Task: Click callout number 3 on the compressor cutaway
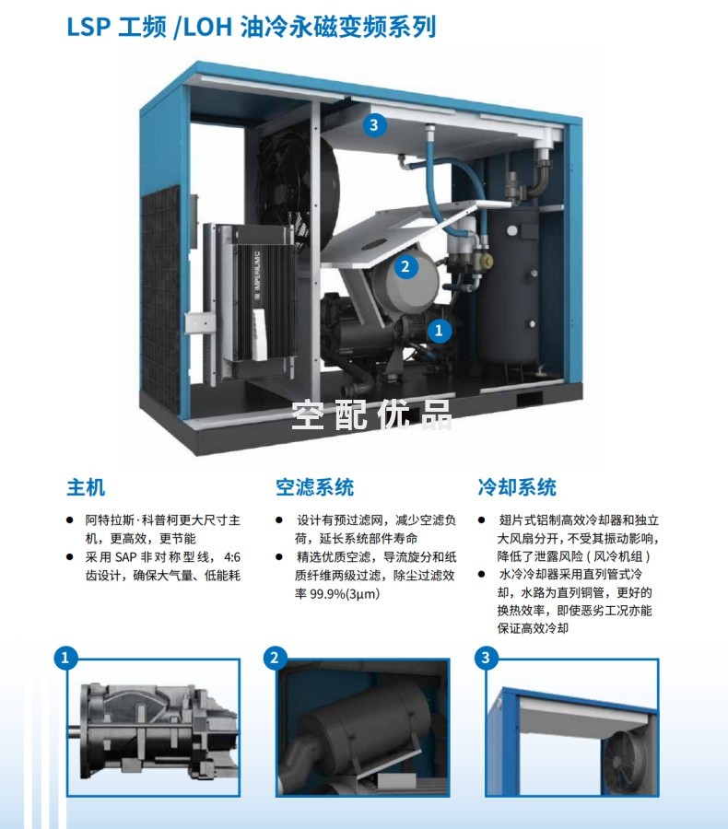[x=374, y=125]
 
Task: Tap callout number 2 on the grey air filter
[x=405, y=266]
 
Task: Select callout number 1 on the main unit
[x=439, y=331]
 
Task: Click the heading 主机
[x=86, y=487]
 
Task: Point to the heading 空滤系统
[x=314, y=487]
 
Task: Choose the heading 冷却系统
[x=517, y=487]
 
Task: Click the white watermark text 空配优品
[x=372, y=414]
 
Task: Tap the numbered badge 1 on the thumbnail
[x=65, y=659]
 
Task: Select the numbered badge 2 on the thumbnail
[x=275, y=659]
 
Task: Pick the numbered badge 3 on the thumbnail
[x=486, y=659]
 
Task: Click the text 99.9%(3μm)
[x=345, y=594]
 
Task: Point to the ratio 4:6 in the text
[x=232, y=557]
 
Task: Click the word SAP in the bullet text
[x=126, y=557]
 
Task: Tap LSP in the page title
[x=88, y=27]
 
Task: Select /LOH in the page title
[x=203, y=28]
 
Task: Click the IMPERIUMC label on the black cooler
[x=257, y=274]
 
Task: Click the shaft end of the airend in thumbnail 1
[x=74, y=733]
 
